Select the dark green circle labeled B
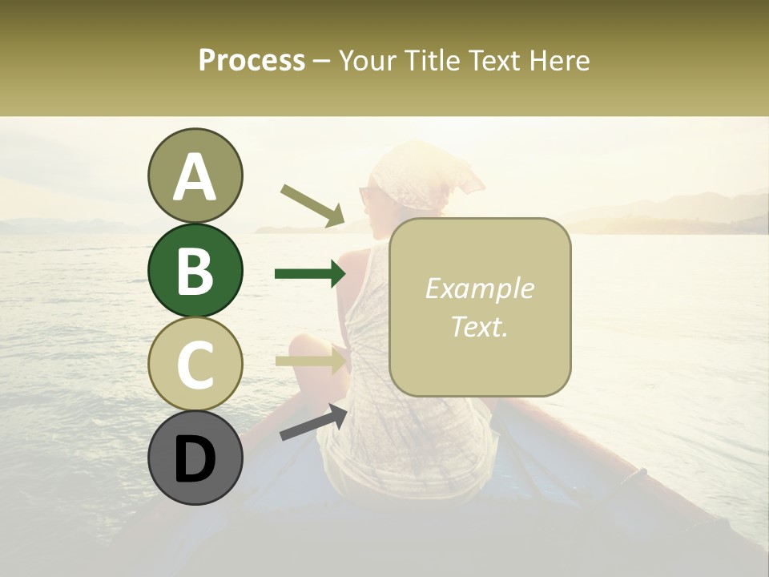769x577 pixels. pyautogui.click(x=195, y=270)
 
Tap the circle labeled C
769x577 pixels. pyautogui.click(x=195, y=364)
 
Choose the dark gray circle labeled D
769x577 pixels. pyautogui.click(x=195, y=458)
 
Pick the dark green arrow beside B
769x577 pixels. pyautogui.click(x=310, y=274)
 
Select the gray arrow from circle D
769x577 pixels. pyautogui.click(x=313, y=422)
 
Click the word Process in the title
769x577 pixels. pyautogui.click(x=252, y=60)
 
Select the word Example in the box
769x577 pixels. pyautogui.click(x=479, y=288)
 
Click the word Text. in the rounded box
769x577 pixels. pyautogui.click(x=479, y=326)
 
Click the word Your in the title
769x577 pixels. pyautogui.click(x=366, y=60)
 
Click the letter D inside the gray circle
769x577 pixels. pyautogui.click(x=195, y=459)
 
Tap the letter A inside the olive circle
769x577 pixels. pyautogui.click(x=195, y=178)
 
